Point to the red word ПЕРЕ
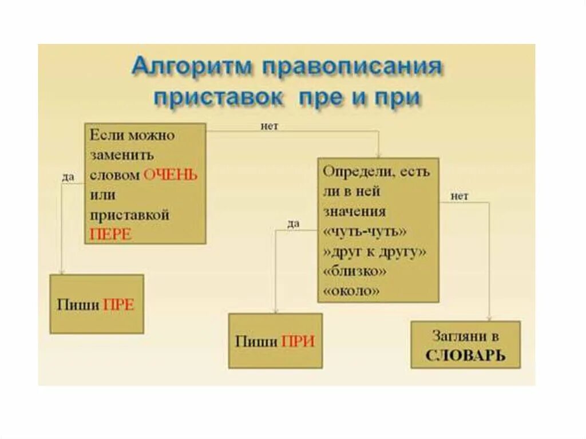click(110, 235)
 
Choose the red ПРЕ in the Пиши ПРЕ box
click(118, 305)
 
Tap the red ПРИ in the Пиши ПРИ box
click(298, 342)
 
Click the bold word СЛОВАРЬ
click(465, 355)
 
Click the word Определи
click(353, 172)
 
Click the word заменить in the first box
click(121, 156)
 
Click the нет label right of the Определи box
click(459, 196)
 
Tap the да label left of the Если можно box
click(68, 177)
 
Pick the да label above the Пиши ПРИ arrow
click(293, 224)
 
